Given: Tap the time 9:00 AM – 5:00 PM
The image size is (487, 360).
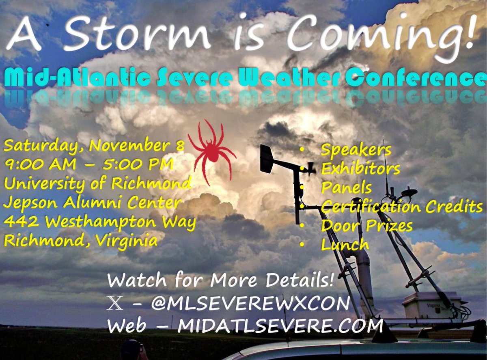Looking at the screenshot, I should coord(88,164).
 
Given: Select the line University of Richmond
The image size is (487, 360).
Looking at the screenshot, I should coord(97,184).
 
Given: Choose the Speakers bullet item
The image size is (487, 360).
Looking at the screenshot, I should coord(356,150).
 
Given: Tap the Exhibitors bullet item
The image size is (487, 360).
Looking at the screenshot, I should coord(360,169).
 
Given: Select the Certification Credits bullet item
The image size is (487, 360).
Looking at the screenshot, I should coord(402,207).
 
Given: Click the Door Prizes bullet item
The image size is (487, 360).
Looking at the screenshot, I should coord(366,226).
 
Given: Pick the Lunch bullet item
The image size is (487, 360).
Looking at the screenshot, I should coord(345,245).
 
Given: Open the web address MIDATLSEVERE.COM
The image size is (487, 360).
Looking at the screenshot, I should coord(280,326).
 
